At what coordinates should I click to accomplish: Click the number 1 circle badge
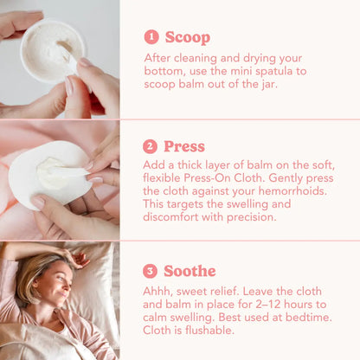151,37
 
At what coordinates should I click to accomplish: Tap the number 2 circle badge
150,146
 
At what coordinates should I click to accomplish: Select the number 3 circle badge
150,271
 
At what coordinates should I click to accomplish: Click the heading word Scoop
188,38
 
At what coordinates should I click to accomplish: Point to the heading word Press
184,146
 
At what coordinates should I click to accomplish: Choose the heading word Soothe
190,271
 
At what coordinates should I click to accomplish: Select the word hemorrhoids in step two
292,191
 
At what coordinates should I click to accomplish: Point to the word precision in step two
252,217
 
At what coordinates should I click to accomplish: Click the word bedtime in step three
308,318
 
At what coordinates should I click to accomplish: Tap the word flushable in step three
209,331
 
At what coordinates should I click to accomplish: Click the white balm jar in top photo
54,51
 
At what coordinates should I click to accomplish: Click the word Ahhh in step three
157,292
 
